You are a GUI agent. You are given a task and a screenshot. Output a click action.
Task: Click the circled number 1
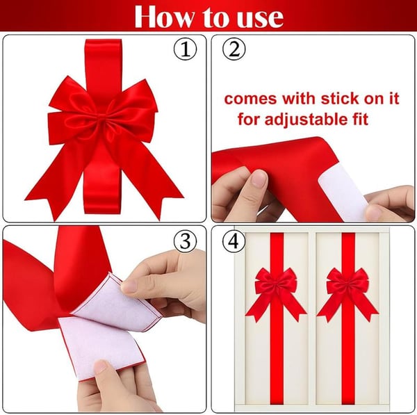[185, 50]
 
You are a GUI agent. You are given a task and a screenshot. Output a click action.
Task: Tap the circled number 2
[234, 50]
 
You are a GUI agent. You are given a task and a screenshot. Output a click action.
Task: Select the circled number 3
[185, 241]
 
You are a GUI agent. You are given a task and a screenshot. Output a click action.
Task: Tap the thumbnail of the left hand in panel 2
[258, 180]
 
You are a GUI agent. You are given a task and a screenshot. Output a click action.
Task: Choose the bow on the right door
[347, 288]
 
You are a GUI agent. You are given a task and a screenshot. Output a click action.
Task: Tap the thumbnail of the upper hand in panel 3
[130, 286]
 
